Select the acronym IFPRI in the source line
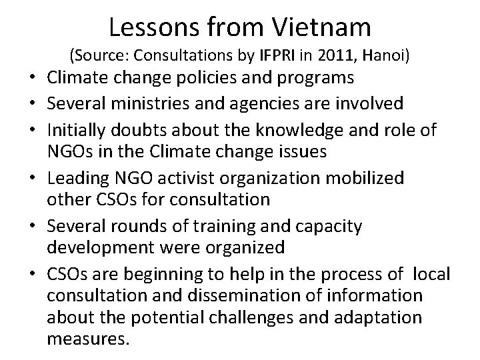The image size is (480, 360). click(x=269, y=57)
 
